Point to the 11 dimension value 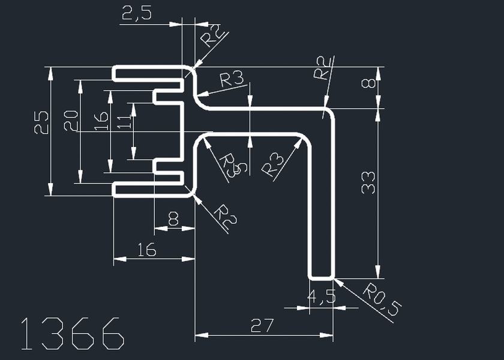click(124, 122)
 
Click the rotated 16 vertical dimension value click(101, 122)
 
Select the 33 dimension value click(368, 182)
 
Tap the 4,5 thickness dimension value click(320, 296)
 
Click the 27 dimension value click(262, 326)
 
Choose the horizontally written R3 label click(232, 79)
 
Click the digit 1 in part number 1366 click(26, 334)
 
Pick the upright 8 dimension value click(173, 220)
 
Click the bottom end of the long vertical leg click(321, 278)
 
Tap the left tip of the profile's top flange click(115, 73)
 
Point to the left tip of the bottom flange click(115, 189)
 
